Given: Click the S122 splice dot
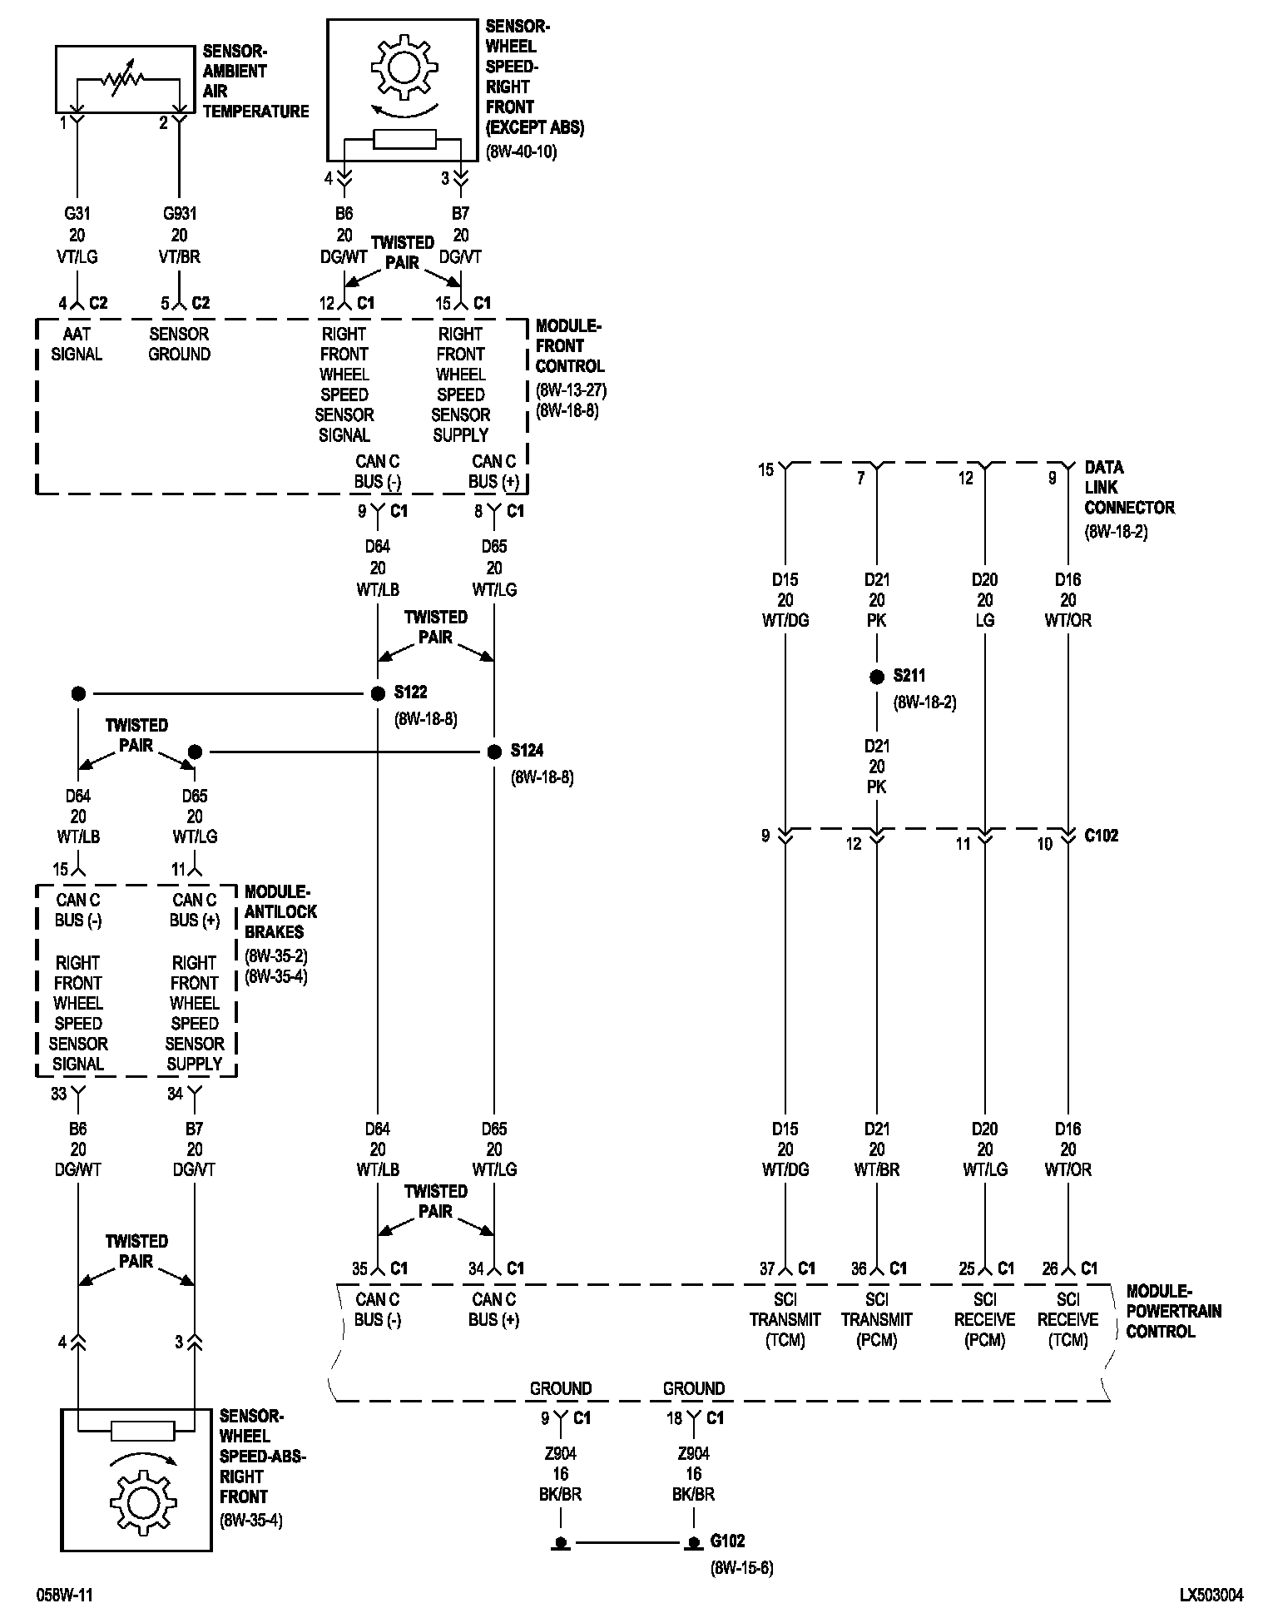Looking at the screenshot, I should tap(378, 692).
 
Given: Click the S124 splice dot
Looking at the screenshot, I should tap(494, 752).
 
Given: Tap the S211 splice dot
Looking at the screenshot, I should tap(876, 677).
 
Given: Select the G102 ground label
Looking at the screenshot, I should tap(727, 1541).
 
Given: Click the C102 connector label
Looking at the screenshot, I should tap(1101, 836).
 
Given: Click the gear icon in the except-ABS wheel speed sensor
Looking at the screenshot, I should tap(404, 66).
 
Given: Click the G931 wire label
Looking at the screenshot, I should tap(179, 215).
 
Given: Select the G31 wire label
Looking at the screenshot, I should tap(77, 215).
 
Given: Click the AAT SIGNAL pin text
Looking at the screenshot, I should tap(77, 344).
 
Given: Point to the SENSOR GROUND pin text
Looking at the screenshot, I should tap(179, 344).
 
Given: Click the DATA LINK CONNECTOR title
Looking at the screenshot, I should tap(1128, 488).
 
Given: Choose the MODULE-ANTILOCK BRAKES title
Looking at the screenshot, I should tap(280, 911).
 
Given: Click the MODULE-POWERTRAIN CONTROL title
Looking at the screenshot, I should tap(1173, 1311).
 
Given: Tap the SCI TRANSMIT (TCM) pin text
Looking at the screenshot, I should tap(785, 1319).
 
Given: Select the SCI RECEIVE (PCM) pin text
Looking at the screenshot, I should tap(984, 1319).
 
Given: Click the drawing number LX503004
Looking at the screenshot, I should tap(1211, 1596).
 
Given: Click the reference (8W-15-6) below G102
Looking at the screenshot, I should tap(741, 1568).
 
